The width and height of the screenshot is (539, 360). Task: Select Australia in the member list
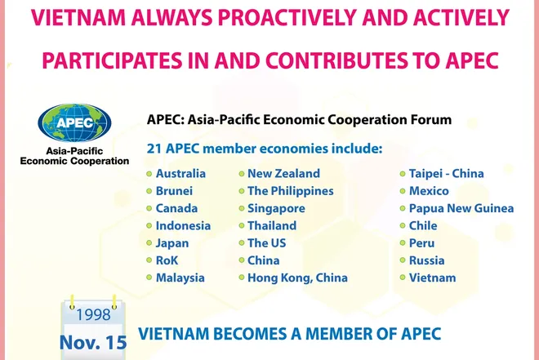180,174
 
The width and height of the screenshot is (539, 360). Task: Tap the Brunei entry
175,191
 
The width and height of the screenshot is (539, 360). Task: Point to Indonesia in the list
183,225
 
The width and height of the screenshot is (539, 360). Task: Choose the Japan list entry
172,243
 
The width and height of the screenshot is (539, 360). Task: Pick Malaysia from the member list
180,278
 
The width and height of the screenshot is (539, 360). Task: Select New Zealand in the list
284,174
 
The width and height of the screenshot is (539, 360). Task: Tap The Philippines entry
291,191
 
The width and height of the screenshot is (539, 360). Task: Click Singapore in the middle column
277,208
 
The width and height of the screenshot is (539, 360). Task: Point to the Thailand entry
273,225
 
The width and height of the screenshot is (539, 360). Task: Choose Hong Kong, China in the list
298,278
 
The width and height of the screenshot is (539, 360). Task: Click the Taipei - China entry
447,174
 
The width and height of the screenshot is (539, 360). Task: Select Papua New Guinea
461,208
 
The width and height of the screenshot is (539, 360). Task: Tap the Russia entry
427,260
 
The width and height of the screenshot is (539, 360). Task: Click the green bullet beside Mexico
402,191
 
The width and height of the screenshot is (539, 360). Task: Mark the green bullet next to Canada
149,208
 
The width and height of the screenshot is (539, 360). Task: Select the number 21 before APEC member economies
154,149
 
